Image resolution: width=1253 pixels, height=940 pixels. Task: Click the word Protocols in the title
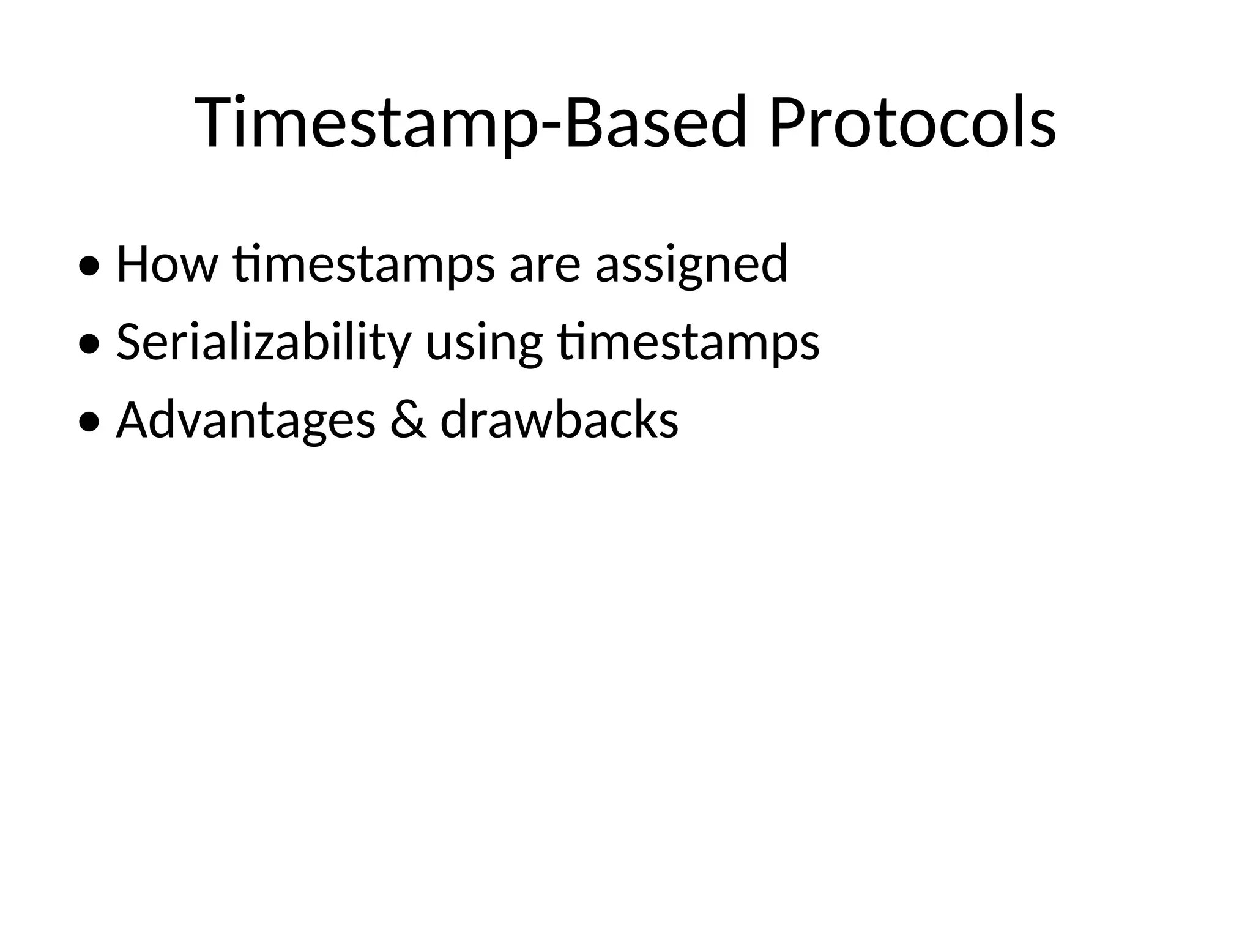point(912,122)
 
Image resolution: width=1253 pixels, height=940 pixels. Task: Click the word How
point(166,264)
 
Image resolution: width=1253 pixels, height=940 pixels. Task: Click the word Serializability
point(263,343)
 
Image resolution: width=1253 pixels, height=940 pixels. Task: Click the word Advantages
point(245,421)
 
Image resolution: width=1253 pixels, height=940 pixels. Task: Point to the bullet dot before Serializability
point(89,345)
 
